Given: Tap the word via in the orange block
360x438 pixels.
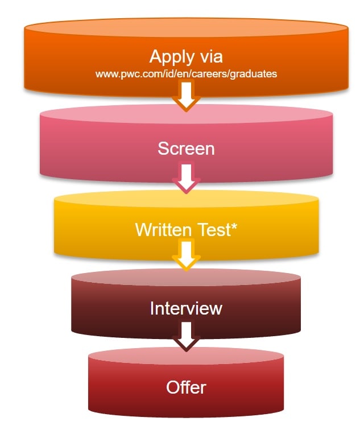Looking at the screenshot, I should coord(210,57).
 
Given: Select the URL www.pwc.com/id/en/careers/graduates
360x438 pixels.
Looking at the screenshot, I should coord(186,74).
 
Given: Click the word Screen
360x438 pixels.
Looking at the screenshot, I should coord(186,148).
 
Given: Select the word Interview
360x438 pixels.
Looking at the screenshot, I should coord(186,308).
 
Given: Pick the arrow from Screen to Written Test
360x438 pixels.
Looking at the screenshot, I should coord(186,177).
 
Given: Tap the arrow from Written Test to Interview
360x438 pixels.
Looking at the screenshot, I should coord(186,257).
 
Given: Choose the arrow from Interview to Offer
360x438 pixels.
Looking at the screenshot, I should coord(186,337).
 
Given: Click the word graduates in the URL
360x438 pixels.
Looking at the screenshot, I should coord(256,74).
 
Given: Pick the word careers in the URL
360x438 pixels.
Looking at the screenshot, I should coord(213,74).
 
